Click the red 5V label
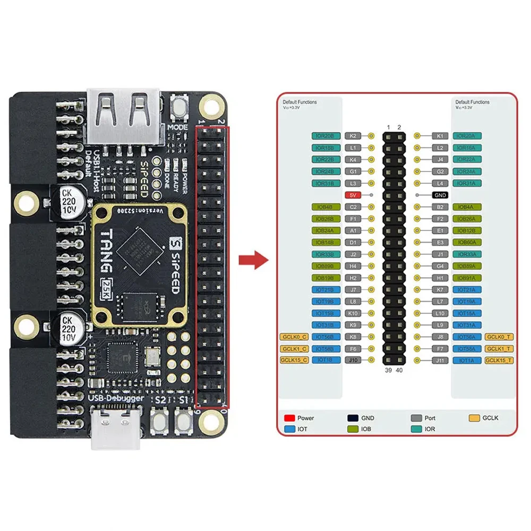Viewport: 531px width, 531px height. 352,195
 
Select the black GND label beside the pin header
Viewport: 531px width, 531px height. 440,195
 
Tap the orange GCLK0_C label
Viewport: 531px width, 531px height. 294,337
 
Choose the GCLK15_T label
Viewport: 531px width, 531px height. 499,361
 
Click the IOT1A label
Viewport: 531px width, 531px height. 467,361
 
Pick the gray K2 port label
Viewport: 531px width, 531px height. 353,136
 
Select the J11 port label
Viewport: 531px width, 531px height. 440,361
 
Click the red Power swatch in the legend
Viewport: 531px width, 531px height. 289,418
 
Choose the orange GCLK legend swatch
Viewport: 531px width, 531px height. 474,418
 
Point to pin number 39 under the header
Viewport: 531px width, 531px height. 388,370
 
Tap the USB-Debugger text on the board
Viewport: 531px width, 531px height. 116,397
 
